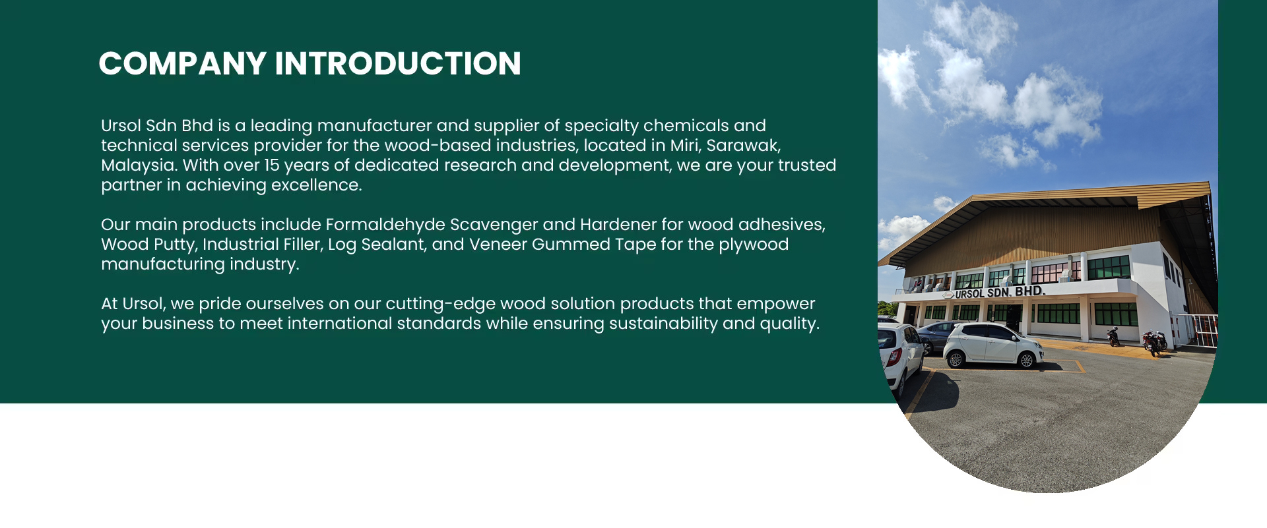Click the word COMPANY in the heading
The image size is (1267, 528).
182,64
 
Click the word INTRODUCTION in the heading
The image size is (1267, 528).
398,64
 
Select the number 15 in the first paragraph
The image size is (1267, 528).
272,165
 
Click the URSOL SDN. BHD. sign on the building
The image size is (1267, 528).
1000,292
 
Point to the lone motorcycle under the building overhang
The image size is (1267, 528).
1113,337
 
